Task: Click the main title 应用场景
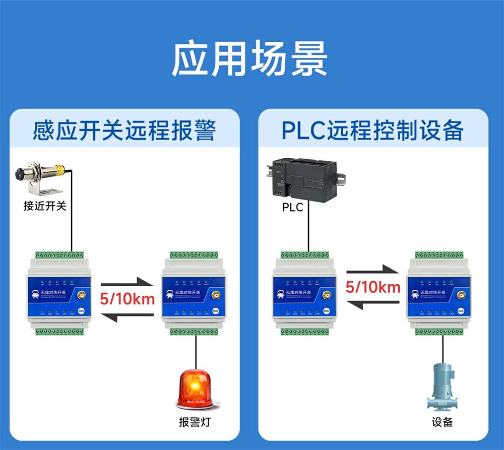[x=250, y=59]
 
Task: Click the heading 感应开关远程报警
[x=124, y=131]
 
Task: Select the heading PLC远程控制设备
[x=372, y=131]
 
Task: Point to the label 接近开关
[x=45, y=206]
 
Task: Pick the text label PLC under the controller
[x=292, y=207]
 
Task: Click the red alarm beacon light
[x=194, y=389]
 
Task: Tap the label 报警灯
[x=195, y=422]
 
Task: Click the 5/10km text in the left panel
[x=127, y=299]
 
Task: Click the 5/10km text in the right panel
[x=373, y=287]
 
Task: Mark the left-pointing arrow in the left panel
[x=127, y=316]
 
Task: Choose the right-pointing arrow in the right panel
[x=372, y=270]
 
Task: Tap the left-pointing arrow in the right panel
[x=372, y=305]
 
